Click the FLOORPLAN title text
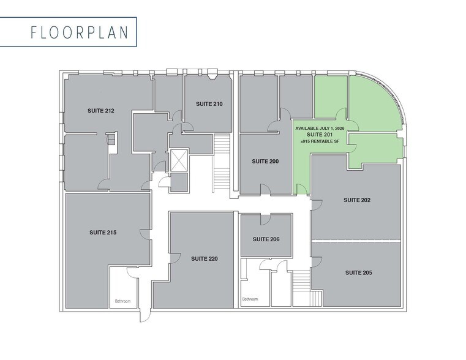tap(80, 32)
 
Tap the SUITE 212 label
tap(100, 111)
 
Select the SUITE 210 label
tap(209, 104)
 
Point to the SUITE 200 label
tap(265, 162)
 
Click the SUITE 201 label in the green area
tap(319, 135)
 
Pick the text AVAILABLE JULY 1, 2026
tap(319, 128)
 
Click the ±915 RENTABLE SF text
tap(319, 141)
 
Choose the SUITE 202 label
tap(357, 200)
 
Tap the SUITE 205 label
tap(358, 272)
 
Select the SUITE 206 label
tap(266, 239)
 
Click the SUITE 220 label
tap(204, 259)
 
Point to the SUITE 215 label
tap(103, 233)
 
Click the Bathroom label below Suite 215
tap(122, 301)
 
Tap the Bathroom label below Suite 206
tap(250, 299)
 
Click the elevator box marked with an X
tap(179, 160)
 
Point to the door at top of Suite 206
tap(265, 219)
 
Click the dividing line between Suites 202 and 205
tap(356, 241)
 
